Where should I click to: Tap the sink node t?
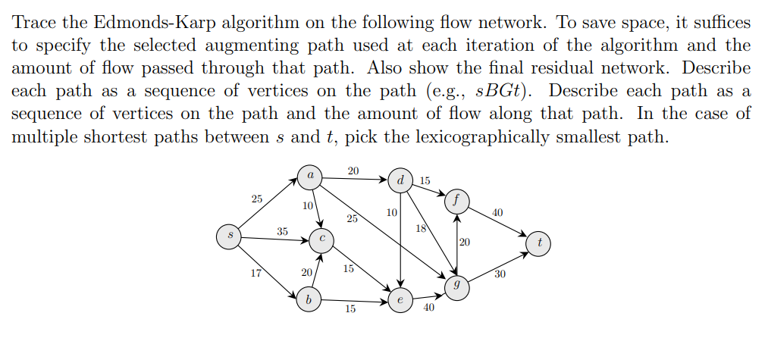pyautogui.click(x=539, y=244)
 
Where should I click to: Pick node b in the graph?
pyautogui.click(x=308, y=299)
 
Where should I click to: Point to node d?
pyautogui.click(x=400, y=181)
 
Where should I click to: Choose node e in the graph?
pyautogui.click(x=400, y=301)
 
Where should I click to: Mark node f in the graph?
pyautogui.click(x=457, y=201)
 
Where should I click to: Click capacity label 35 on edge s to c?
pyautogui.click(x=282, y=231)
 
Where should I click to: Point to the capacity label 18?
pyautogui.click(x=422, y=228)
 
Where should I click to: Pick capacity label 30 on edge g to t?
pyautogui.click(x=500, y=274)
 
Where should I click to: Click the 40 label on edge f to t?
pyautogui.click(x=497, y=213)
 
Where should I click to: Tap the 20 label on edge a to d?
pyautogui.click(x=353, y=171)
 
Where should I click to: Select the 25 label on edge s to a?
pyautogui.click(x=257, y=199)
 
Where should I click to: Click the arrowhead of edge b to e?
pyautogui.click(x=387, y=301)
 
